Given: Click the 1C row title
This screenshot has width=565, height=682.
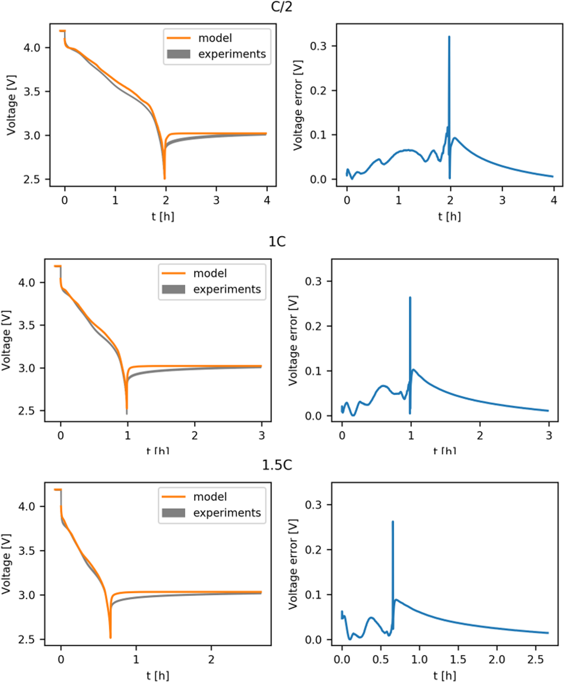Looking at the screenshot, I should point(277,242).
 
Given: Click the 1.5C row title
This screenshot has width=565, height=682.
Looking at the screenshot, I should point(277,465).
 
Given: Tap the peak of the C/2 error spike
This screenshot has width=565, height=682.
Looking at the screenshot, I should point(449,37).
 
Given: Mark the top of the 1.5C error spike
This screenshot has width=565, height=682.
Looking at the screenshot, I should point(393,522).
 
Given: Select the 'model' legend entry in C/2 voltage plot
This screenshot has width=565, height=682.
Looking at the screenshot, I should point(215,38).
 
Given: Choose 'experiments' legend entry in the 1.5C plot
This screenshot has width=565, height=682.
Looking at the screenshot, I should point(227,512).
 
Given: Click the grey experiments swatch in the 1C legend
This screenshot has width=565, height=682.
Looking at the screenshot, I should point(174,289).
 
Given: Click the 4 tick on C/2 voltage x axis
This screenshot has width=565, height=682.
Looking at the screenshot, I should point(267,200).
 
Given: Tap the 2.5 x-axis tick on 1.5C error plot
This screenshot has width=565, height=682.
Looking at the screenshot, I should point(536,659).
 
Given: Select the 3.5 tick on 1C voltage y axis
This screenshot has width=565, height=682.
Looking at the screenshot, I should point(27,325).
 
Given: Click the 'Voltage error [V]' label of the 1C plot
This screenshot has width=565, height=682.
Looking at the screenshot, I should point(293,340).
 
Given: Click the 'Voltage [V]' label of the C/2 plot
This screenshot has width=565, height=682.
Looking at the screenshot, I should point(11,105).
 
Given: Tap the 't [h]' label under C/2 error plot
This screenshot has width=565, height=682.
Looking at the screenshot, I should point(449,216).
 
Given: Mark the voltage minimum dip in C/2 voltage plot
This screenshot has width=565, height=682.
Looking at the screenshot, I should point(165,178).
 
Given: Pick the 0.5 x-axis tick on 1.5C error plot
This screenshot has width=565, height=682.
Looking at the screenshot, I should point(381,659).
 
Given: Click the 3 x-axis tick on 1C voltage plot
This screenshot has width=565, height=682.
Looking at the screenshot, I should point(262,435).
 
